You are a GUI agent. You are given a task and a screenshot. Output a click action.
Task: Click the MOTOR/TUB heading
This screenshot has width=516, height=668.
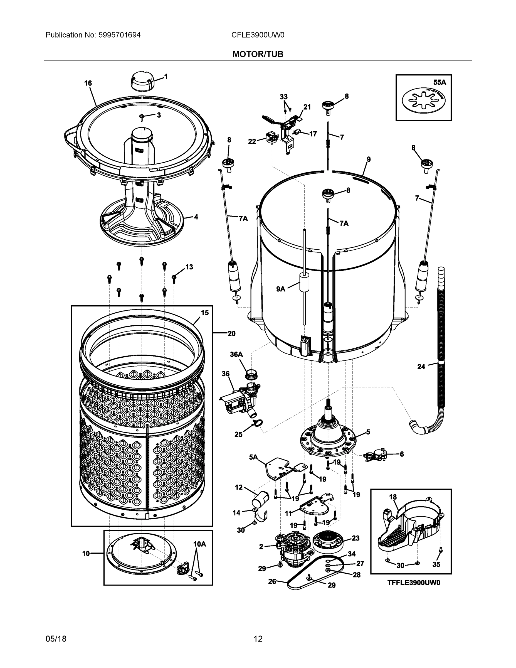(258, 54)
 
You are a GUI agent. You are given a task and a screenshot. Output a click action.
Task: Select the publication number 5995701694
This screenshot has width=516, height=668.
(119, 35)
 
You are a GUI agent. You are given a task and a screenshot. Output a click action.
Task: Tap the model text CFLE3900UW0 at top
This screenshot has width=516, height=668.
(258, 35)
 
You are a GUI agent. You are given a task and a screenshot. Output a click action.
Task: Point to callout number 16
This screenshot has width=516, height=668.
(88, 83)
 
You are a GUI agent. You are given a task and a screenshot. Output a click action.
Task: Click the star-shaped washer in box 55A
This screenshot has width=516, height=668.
(423, 100)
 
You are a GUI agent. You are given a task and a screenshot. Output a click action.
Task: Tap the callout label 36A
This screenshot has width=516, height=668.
(236, 355)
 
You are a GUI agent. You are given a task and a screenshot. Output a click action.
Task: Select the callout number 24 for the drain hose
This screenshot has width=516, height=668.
(421, 366)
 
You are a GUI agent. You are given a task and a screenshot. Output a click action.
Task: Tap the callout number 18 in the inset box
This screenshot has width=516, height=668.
(393, 497)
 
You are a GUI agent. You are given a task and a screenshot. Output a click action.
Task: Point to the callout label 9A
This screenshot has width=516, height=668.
(281, 289)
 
